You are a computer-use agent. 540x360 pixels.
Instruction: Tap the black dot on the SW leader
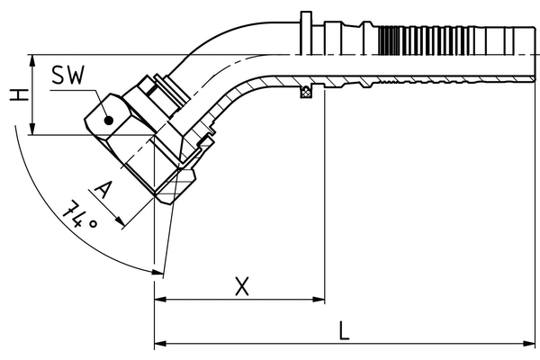point(107,117)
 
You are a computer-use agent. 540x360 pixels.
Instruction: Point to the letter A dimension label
point(103,190)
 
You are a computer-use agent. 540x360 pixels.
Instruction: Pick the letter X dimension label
point(241,286)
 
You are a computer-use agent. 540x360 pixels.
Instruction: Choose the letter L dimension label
point(345,330)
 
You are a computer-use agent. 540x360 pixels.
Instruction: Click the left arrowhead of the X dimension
point(161,300)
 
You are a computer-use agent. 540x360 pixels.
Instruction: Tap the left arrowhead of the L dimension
point(161,343)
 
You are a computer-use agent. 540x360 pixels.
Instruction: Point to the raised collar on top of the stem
point(306,27)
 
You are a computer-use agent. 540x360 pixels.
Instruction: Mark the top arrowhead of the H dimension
point(32,59)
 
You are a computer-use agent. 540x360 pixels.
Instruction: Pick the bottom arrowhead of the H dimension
point(32,130)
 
